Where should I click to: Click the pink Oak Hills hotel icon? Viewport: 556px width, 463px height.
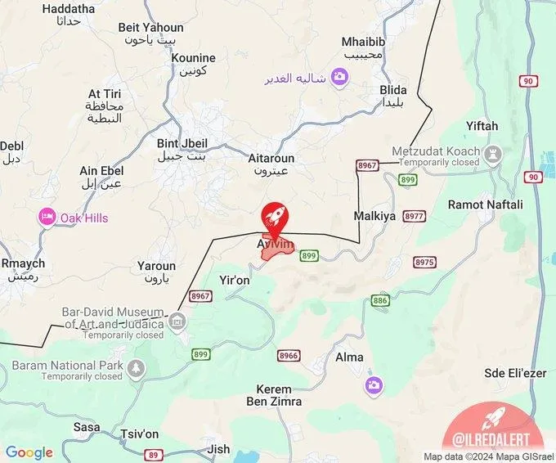click(47, 218)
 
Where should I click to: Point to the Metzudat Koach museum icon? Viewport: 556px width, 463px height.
click(493, 153)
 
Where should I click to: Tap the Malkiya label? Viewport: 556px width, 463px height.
click(374, 217)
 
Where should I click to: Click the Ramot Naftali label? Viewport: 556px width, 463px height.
click(485, 205)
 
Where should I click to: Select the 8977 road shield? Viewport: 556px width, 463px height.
click(415, 217)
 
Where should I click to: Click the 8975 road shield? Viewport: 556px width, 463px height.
click(424, 263)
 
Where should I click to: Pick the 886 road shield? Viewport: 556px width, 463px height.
click(380, 301)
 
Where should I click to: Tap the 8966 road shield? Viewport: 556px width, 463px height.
click(289, 356)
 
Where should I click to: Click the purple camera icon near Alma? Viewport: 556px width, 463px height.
click(374, 385)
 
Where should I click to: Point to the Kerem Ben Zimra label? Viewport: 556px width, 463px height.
click(274, 395)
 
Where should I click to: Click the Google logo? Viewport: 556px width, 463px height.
click(29, 453)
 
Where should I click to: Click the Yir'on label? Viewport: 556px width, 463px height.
click(235, 280)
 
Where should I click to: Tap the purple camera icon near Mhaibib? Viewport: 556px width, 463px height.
click(339, 78)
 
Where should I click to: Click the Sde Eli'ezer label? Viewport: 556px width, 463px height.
click(514, 372)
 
